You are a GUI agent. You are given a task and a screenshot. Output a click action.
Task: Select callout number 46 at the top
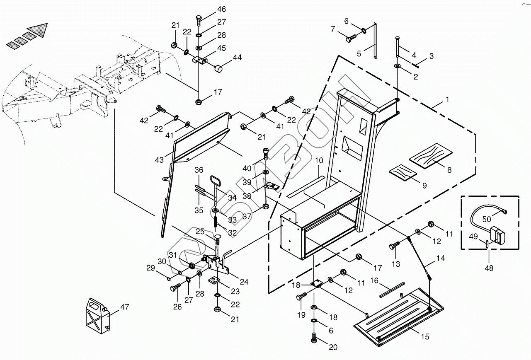(221, 9)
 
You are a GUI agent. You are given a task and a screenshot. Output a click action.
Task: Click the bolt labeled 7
(351, 39)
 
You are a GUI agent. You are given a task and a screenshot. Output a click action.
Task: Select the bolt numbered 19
(301, 297)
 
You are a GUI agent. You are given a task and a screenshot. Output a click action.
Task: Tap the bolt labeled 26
(175, 287)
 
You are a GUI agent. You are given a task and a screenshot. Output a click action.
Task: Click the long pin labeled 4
(398, 48)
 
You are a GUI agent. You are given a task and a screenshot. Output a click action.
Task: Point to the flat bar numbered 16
(391, 290)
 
